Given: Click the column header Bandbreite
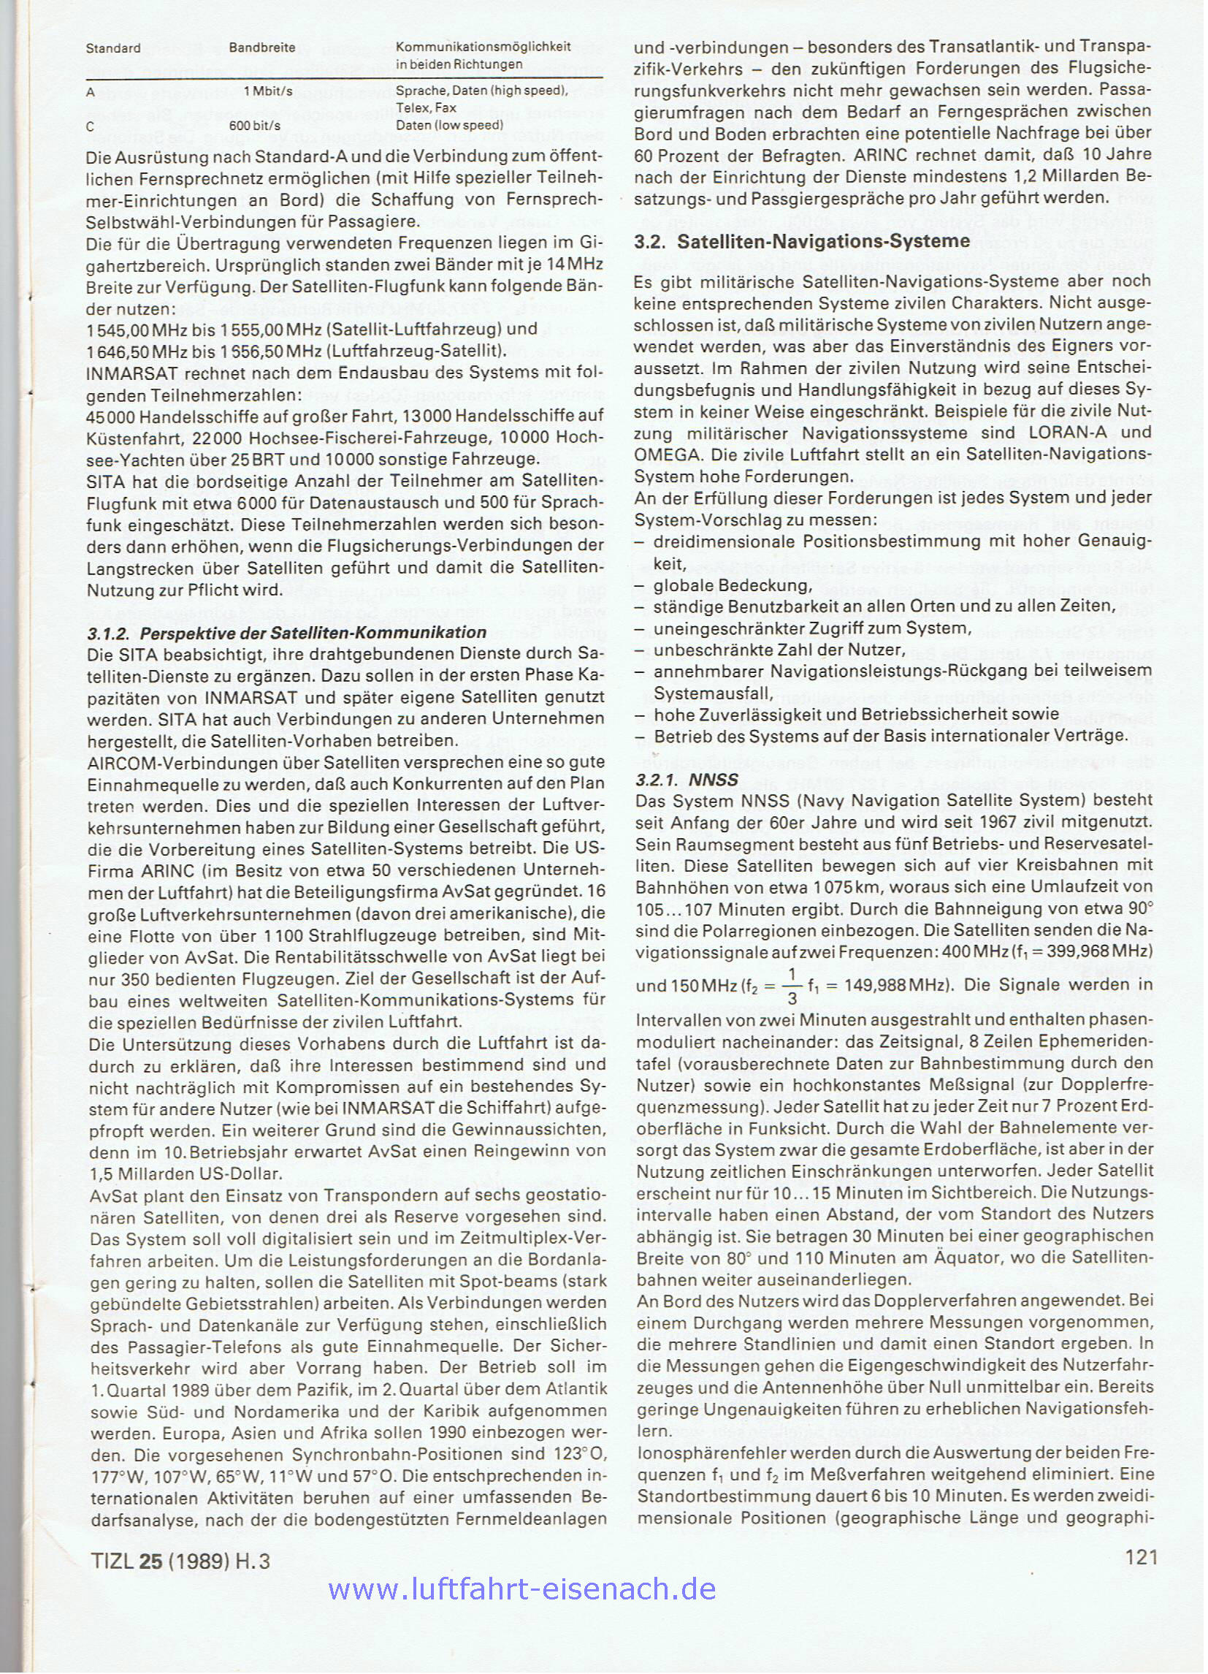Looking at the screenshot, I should pos(262,48).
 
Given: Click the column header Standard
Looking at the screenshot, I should pos(114,49).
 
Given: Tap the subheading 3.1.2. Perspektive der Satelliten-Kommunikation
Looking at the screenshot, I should pos(287,633).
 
